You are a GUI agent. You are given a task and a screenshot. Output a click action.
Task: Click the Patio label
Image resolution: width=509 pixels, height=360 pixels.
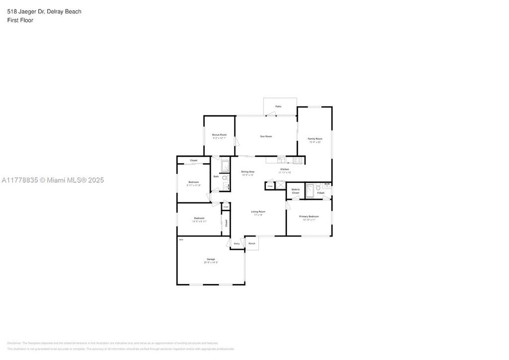pyautogui.click(x=278, y=106)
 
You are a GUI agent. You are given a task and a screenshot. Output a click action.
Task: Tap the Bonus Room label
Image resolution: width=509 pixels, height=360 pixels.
pyautogui.click(x=219, y=135)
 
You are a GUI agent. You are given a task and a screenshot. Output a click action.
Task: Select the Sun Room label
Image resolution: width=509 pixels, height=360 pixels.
pyautogui.click(x=266, y=136)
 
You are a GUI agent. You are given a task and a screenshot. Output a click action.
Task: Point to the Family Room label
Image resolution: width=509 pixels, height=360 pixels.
pyautogui.click(x=315, y=139)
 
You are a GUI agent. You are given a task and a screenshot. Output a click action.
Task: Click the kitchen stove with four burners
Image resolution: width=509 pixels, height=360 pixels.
pyautogui.click(x=298, y=160)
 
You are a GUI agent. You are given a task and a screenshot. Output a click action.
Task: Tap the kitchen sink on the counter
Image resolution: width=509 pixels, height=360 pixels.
pyautogui.click(x=281, y=160)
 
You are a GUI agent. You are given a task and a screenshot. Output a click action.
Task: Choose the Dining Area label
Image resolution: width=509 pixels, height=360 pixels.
pyautogui.click(x=248, y=172)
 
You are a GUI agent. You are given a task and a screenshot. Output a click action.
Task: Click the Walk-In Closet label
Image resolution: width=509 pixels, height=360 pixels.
pyautogui.click(x=295, y=191)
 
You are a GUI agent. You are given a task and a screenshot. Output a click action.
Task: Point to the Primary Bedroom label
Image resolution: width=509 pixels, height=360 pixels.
pyautogui.click(x=309, y=217)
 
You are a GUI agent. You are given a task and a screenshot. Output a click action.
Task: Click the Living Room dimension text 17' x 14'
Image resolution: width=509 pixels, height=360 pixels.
pyautogui.click(x=258, y=215)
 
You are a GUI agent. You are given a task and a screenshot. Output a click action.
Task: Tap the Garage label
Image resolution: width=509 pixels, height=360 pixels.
pyautogui.click(x=211, y=259)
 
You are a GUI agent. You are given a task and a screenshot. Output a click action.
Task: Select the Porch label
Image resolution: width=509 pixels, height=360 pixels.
pyautogui.click(x=252, y=244)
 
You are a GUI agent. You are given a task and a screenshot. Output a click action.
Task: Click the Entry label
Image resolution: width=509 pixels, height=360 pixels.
pyautogui.click(x=237, y=244)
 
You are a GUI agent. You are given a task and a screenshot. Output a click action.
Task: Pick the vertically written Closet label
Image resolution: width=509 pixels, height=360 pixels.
pyautogui.click(x=226, y=223)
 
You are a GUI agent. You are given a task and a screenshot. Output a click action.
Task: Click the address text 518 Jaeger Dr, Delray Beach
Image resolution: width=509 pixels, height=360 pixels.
pyautogui.click(x=44, y=11)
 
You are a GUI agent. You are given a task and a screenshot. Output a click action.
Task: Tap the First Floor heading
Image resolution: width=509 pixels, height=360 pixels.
pyautogui.click(x=20, y=20)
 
